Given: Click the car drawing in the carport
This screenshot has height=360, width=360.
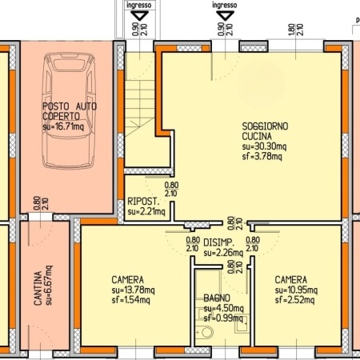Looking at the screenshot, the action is click(69, 110).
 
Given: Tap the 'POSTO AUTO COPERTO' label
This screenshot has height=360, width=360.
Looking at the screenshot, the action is click(70, 111).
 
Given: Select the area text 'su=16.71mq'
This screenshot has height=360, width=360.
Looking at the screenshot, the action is click(63, 126).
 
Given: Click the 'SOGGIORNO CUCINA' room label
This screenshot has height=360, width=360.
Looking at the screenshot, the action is click(265, 131).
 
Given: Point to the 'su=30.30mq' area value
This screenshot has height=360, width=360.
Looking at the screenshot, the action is click(264, 146).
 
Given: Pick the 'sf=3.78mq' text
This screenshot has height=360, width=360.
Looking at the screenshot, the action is click(262, 156).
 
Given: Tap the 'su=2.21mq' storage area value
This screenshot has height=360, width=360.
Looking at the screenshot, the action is click(146, 212).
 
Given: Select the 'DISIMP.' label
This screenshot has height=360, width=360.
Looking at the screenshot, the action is click(218, 242).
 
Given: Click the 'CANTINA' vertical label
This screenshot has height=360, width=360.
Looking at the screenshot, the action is click(38, 288).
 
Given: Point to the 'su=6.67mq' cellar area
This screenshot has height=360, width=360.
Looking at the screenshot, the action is click(49, 285).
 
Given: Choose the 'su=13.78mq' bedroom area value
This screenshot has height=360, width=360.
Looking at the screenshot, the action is click(133, 290).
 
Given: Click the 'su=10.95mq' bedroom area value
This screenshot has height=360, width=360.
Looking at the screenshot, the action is click(296, 290).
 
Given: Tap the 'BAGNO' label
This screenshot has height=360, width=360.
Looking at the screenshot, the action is click(217, 298).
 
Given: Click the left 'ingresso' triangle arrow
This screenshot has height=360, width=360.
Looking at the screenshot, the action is click(139, 16).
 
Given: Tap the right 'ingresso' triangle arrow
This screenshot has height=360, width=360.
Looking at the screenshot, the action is click(225, 16).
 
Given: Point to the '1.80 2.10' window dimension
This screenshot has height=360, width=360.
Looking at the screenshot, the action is click(295, 30).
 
